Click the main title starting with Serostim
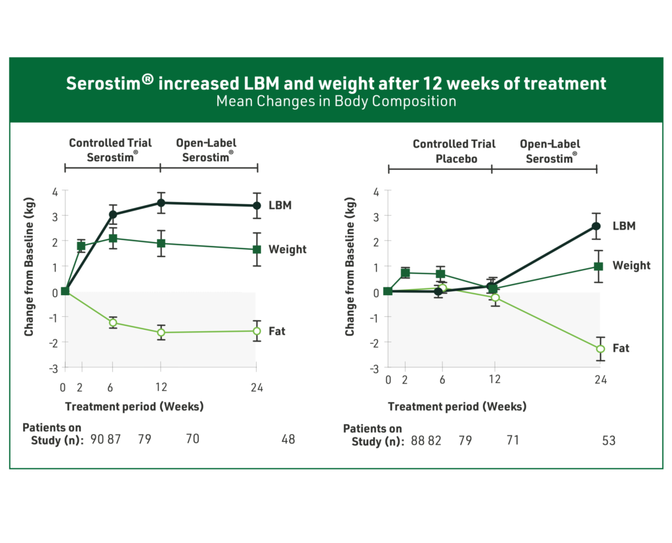[336, 84]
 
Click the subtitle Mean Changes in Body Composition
[336, 102]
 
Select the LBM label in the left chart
[280, 205]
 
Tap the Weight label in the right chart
[631, 266]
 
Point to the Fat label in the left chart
[276, 331]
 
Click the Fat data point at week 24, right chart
[600, 349]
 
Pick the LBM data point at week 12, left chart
[161, 203]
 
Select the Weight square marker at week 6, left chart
[113, 239]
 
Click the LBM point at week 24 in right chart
[597, 226]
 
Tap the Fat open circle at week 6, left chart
[113, 322]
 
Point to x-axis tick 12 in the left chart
[161, 387]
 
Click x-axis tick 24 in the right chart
[600, 380]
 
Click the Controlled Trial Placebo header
[454, 151]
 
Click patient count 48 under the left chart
[287, 439]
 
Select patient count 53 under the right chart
[608, 441]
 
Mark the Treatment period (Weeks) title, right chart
[457, 407]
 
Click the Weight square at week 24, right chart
[598, 266]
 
